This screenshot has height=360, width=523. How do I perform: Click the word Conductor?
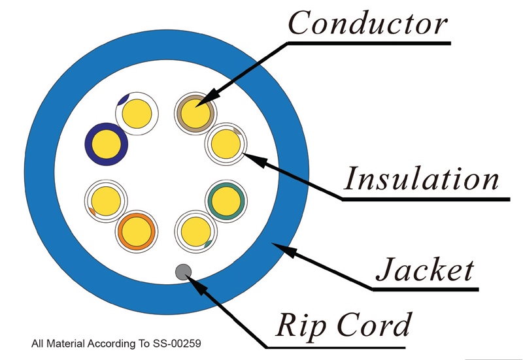pos(367,23)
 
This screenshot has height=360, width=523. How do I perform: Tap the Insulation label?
pos(422,178)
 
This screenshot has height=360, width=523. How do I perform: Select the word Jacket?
pos(425,269)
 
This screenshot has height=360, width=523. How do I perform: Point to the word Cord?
pos(374,324)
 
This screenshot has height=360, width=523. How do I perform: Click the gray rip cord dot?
pos(183,272)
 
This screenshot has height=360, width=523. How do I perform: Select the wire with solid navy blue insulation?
pos(107,144)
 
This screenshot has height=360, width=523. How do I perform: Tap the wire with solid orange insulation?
pos(137,232)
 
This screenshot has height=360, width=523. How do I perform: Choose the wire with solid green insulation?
pos(226,201)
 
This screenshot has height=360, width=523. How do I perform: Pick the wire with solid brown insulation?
pos(195,113)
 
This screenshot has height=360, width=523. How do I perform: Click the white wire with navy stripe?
pos(137,114)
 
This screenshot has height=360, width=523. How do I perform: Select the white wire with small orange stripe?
pos(106,201)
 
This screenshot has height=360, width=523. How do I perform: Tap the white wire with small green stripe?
pos(195,232)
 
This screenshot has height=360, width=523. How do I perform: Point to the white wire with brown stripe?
pos(226,144)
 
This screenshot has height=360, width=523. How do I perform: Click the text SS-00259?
pos(177,343)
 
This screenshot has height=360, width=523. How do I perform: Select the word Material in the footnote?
pos(65,343)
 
